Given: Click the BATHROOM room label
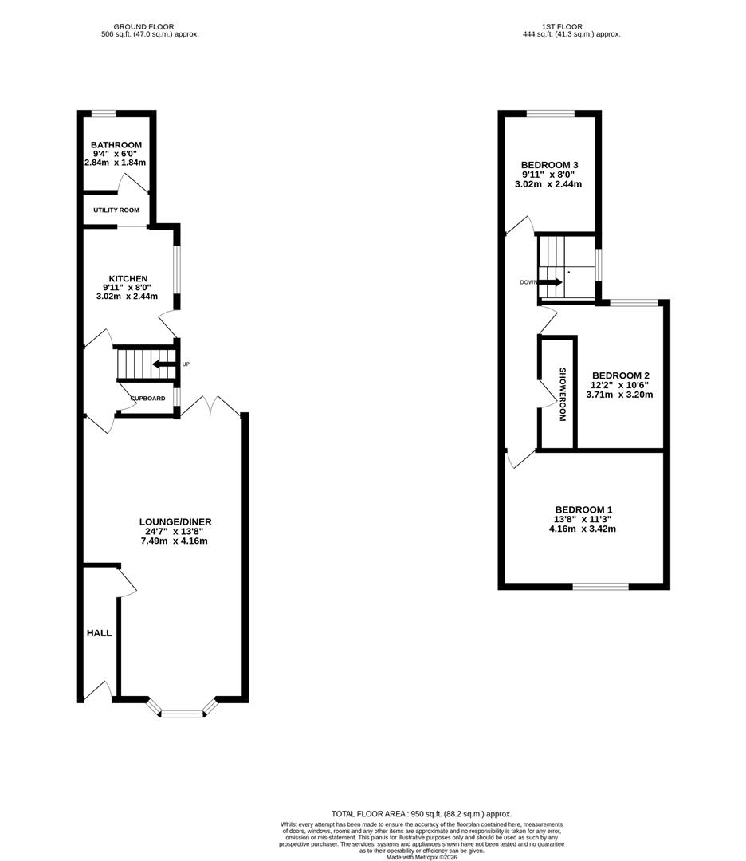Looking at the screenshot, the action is [x=116, y=145].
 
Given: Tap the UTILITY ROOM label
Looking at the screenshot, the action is [x=116, y=210].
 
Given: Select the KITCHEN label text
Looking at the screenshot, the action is [x=128, y=279].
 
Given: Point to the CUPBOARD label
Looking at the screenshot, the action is [x=148, y=398].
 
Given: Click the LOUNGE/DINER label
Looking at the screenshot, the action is [x=175, y=522].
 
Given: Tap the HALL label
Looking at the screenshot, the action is [x=100, y=633].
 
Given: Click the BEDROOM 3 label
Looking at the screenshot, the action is [x=549, y=165].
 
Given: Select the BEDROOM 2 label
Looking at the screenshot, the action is [x=621, y=375].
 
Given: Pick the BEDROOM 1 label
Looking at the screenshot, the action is [x=583, y=509].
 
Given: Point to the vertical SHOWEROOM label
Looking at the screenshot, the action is [x=562, y=395].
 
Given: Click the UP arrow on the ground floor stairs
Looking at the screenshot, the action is [x=163, y=364].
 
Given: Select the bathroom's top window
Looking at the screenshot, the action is [x=104, y=114].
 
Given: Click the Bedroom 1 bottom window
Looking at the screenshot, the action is [x=600, y=587].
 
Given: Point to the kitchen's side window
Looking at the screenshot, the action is [x=177, y=269].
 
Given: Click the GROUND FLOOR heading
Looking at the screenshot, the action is [x=143, y=26].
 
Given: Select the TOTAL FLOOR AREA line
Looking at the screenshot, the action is [x=422, y=814].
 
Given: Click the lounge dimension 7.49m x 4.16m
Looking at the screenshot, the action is [x=174, y=541].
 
